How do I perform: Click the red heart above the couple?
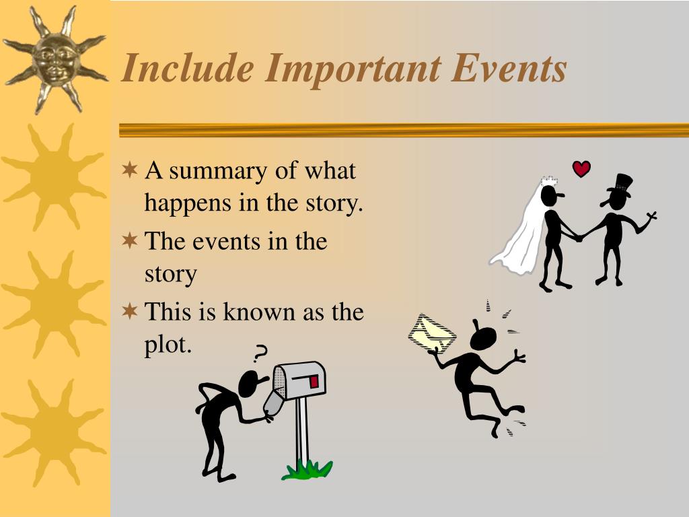point(581,168)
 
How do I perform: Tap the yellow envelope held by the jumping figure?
point(431,333)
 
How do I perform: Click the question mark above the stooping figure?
point(260,352)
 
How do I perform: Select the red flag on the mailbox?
point(314,382)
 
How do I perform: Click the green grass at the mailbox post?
point(307,469)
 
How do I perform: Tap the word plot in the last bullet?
point(168,345)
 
